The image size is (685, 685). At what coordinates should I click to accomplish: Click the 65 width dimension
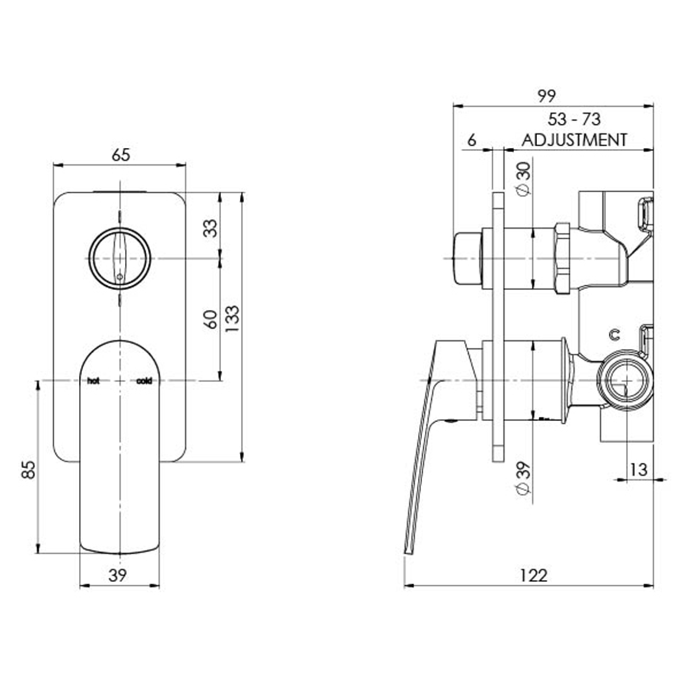(121, 155)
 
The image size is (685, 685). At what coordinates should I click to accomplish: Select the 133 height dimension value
(233, 319)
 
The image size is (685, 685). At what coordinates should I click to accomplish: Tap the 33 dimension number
(211, 228)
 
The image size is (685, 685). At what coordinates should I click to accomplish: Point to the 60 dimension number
(211, 319)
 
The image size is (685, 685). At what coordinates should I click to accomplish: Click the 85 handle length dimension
(29, 470)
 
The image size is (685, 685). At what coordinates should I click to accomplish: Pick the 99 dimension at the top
(546, 97)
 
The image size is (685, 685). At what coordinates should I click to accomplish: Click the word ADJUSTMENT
(574, 140)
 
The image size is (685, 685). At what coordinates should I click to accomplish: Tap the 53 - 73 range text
(574, 119)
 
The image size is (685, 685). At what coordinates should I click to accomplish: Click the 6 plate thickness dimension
(472, 141)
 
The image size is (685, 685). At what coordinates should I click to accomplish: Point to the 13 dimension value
(639, 470)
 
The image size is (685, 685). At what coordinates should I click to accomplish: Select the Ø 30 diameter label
(525, 178)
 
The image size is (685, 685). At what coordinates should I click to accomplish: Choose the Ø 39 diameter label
(525, 478)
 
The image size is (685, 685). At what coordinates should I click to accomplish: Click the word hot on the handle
(93, 381)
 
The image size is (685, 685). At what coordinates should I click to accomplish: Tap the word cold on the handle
(144, 381)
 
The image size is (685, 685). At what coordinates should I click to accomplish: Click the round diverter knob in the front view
(120, 258)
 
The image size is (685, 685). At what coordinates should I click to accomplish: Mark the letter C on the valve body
(615, 334)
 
